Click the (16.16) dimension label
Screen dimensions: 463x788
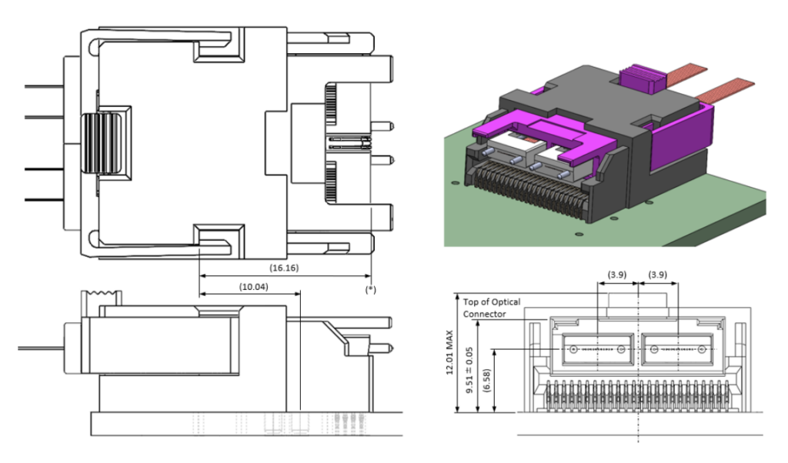click(284, 268)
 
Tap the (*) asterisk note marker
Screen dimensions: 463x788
click(371, 288)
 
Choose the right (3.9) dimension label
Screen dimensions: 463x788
click(658, 275)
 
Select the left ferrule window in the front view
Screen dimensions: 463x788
click(597, 349)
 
